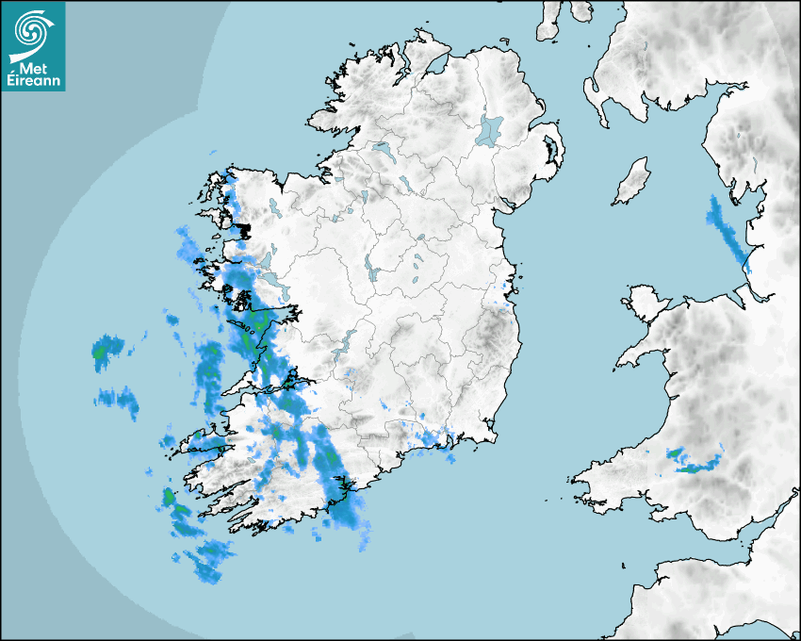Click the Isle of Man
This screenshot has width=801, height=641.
(632, 181)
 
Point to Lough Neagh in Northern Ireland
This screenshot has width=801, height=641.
(490, 129)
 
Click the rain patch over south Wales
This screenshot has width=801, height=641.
(693, 461)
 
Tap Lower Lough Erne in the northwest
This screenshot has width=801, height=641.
(382, 150)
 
